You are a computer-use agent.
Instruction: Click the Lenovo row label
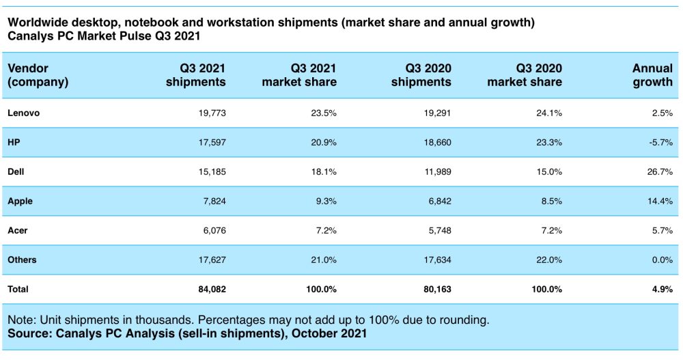point(23,113)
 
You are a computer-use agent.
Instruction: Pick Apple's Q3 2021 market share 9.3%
point(323,201)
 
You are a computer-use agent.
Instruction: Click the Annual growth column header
point(652,75)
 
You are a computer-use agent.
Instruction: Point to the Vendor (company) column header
point(38,75)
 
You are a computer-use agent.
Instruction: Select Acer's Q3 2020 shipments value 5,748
point(434,230)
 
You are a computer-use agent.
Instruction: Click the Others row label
point(23,260)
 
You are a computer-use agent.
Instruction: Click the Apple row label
point(20,201)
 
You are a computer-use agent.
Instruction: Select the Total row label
point(18,289)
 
